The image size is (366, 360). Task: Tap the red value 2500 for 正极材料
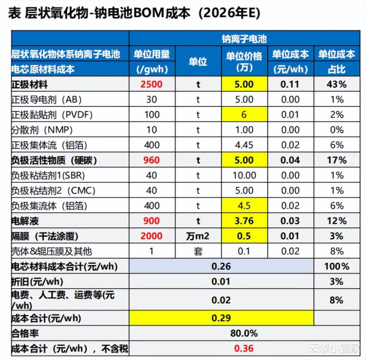coord(151,85)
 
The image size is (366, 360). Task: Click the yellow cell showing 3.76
coord(244,221)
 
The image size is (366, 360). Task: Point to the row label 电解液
coord(25,221)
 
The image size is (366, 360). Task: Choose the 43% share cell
coord(336,85)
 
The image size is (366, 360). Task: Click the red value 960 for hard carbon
coord(151,160)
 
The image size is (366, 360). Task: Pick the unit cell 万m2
coord(198,236)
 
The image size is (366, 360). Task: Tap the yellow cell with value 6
coord(244,115)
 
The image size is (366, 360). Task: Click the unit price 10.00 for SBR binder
coord(244,176)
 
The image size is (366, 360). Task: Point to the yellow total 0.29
coord(221,318)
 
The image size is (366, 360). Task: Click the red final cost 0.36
coord(244,349)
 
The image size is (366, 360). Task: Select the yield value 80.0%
coord(244,334)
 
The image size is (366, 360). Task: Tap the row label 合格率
coord(25,334)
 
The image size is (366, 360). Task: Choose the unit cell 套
coord(198,252)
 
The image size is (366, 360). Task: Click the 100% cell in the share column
coord(336,266)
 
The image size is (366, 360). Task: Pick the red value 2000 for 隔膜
coord(151,236)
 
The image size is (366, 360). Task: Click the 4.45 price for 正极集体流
coord(244,145)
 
